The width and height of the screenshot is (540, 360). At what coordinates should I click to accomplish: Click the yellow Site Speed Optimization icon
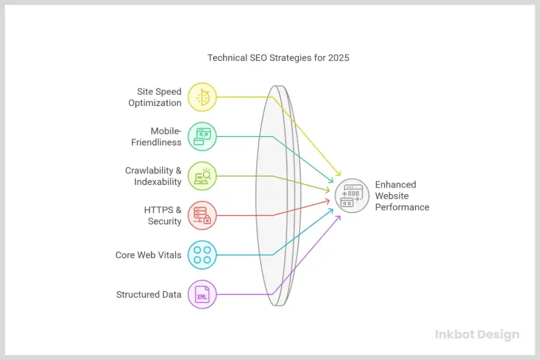(x=202, y=97)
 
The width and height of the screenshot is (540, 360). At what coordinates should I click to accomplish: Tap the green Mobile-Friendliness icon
(x=202, y=137)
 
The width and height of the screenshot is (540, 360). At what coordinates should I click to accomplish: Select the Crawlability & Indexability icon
(x=202, y=176)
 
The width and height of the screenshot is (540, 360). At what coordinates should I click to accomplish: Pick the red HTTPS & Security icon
(x=202, y=216)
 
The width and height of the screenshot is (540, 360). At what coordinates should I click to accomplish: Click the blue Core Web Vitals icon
(x=202, y=255)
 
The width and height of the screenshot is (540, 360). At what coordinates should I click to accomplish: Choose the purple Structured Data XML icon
(x=202, y=295)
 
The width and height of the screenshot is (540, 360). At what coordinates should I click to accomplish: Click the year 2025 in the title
(x=338, y=58)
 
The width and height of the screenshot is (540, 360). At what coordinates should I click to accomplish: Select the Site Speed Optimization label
(x=155, y=98)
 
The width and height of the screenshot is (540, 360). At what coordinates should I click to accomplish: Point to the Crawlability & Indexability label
(x=153, y=176)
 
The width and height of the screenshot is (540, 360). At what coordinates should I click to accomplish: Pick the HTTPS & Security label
(x=162, y=216)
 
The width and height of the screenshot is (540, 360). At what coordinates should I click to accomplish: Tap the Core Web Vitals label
(x=148, y=255)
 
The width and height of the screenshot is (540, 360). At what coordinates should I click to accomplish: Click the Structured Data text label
(x=149, y=295)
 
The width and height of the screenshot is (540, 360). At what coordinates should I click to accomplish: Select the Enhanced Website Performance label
(x=402, y=196)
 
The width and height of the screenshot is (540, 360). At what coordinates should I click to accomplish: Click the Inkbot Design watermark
(x=477, y=334)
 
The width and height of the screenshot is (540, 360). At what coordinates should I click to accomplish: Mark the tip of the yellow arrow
(x=340, y=177)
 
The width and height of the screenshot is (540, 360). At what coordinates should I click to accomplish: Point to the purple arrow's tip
(x=340, y=216)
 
